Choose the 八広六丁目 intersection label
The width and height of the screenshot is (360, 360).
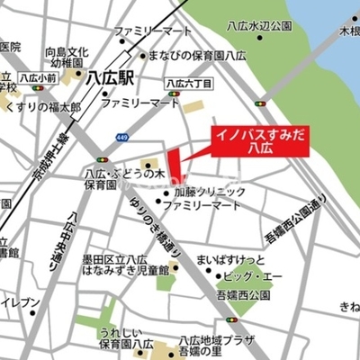(x=189, y=83)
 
